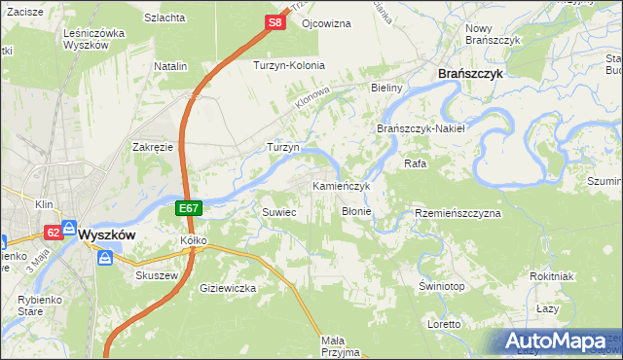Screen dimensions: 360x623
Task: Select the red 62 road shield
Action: tap(52, 232)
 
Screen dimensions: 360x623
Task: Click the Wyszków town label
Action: tap(106, 234)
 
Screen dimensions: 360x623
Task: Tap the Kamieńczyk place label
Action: tap(341, 185)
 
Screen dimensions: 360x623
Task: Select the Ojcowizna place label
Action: tap(325, 22)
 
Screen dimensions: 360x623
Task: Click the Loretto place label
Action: tap(444, 323)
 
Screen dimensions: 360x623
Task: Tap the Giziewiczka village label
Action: tap(227, 288)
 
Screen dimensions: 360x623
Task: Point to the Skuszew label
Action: tap(154, 275)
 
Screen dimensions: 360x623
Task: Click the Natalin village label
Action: tap(170, 66)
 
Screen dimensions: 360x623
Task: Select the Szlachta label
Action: tap(165, 18)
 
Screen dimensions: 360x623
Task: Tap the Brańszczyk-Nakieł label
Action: tap(421, 128)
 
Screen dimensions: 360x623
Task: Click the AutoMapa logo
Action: tap(557, 342)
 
